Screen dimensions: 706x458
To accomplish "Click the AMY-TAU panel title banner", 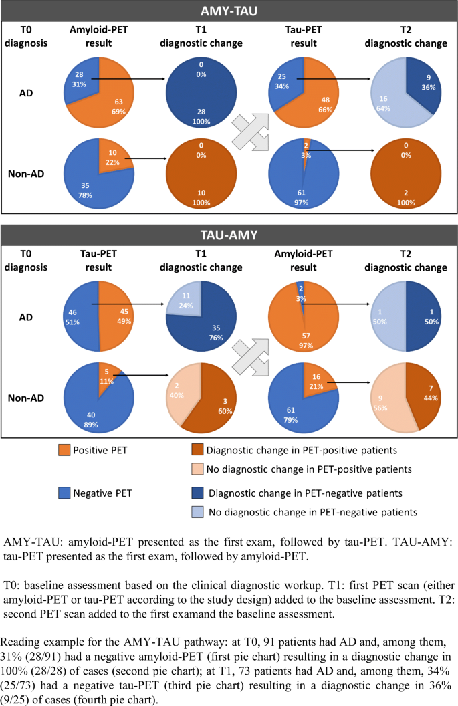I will pos(229,11).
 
